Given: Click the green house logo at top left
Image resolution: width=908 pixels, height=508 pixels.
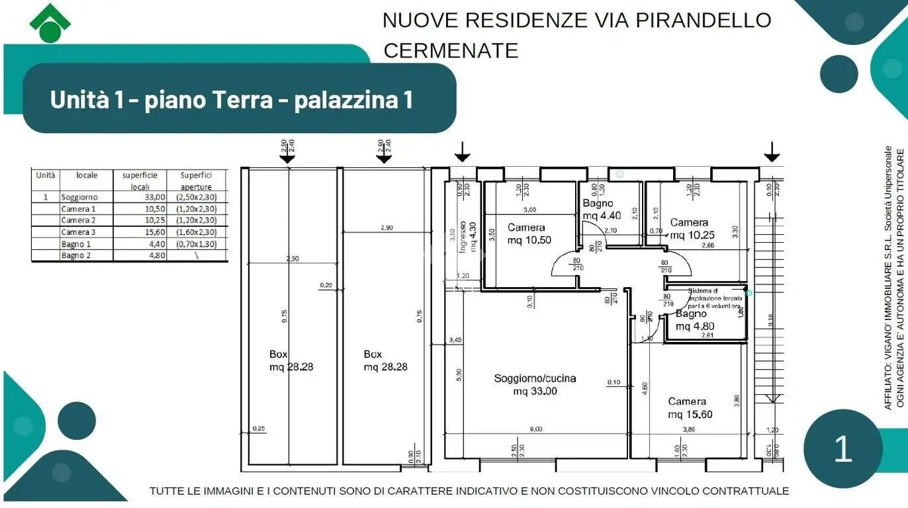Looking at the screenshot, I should pos(50,23).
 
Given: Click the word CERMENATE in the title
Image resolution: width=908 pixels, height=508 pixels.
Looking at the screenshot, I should pos(451,50).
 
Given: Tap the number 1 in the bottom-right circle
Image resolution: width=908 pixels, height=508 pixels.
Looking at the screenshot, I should pos(842,449).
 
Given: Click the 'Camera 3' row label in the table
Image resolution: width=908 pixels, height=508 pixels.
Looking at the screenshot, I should pos(78,232).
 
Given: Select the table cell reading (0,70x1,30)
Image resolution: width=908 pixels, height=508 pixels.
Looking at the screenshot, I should pos(197,243).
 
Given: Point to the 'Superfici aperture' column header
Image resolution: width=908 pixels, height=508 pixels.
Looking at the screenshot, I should pos(197,181).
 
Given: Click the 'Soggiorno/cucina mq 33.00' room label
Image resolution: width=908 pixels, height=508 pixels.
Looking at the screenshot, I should pos(535,384).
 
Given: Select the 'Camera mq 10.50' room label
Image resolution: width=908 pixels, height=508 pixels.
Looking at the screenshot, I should pos(529,233).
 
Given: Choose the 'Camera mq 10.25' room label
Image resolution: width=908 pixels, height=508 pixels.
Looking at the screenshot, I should pos(689,229).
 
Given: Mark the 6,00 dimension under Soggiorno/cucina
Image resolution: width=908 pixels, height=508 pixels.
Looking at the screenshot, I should pos(536,429).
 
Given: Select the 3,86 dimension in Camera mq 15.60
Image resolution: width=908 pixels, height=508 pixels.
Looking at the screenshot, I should pos(689,429).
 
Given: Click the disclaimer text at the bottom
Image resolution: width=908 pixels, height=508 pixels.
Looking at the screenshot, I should pos(469,491).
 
